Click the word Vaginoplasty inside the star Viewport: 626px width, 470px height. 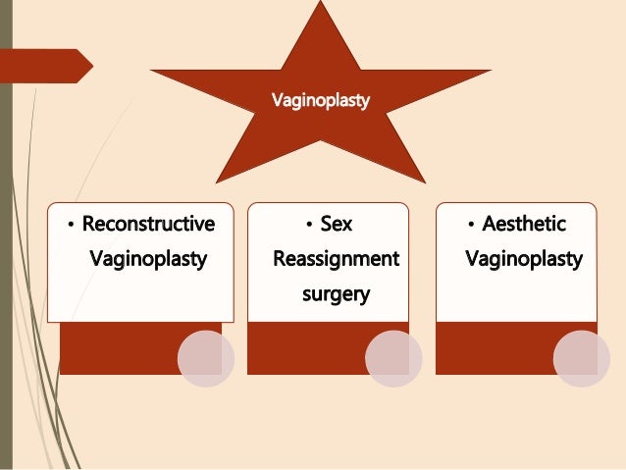[x=320, y=100]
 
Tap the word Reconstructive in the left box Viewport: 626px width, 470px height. [x=148, y=224]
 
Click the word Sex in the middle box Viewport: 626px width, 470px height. [x=337, y=224]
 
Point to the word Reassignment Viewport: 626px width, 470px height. [x=336, y=259]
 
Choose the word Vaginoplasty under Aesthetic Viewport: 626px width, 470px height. [x=524, y=260]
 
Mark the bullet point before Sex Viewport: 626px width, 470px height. [x=308, y=226]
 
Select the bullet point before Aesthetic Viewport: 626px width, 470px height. [x=472, y=226]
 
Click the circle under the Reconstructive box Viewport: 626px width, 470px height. [x=206, y=358]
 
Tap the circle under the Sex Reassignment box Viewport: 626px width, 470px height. [x=393, y=358]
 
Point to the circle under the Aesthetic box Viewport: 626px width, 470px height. [x=582, y=358]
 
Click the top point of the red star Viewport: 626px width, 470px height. [x=320, y=4]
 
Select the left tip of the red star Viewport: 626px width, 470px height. [x=152, y=71]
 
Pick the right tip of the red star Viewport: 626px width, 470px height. [x=490, y=71]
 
